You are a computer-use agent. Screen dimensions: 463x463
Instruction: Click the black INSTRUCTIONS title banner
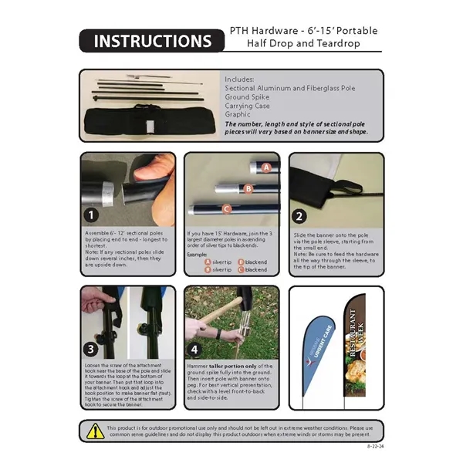[146, 40]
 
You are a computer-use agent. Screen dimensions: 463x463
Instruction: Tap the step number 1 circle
[93, 215]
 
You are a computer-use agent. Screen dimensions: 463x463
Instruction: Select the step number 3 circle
[92, 348]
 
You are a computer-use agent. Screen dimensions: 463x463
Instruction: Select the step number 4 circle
[197, 348]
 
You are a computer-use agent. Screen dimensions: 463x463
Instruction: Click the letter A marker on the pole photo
[266, 167]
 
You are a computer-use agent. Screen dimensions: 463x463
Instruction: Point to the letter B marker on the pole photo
[248, 188]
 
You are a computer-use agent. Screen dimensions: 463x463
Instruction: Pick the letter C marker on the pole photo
[227, 208]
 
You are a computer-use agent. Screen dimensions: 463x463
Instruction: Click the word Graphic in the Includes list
[238, 114]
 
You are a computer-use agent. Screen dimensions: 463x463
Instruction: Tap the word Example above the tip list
[198, 253]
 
